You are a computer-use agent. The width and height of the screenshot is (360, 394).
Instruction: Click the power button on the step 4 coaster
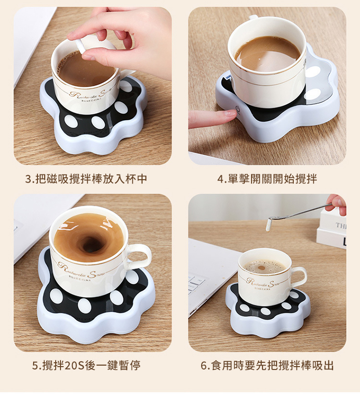point(237,110)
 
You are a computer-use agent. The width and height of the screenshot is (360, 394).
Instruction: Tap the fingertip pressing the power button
point(230,114)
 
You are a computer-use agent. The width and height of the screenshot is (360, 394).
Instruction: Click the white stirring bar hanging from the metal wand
point(268,225)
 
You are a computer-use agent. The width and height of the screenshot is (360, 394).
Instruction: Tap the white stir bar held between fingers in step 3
point(81,46)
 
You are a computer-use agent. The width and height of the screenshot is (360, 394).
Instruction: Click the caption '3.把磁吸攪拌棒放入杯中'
point(86,179)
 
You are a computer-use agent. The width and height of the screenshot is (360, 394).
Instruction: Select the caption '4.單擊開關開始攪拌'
point(267,179)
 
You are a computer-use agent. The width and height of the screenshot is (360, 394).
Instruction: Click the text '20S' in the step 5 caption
point(74,365)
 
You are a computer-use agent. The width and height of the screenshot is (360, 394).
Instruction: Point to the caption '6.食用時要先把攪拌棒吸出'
point(267,365)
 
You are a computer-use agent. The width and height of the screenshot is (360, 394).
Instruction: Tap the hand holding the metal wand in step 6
point(337,204)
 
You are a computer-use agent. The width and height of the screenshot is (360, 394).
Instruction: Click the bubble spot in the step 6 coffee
point(262,268)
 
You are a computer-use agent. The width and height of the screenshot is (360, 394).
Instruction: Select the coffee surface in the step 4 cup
point(268,53)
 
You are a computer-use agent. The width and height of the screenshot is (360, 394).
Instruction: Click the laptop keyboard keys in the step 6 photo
point(196,283)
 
